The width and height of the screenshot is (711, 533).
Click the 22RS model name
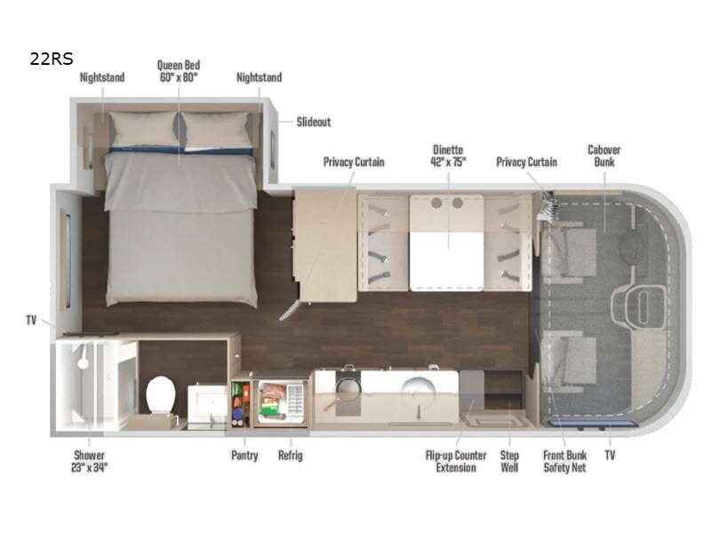[52, 59]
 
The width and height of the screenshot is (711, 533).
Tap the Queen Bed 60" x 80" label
[179, 71]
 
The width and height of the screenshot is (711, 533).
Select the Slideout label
[314, 122]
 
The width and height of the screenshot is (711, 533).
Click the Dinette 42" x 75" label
[448, 155]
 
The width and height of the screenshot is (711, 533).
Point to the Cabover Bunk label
[604, 155]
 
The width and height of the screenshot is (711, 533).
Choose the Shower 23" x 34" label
[90, 461]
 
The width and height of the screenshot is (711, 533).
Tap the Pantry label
[244, 455]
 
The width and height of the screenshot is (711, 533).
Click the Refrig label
[291, 455]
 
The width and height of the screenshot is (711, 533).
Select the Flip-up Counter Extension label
[456, 461]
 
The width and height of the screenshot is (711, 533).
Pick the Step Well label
[509, 461]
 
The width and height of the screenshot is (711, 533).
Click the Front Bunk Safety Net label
[565, 461]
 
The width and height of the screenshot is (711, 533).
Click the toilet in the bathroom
[161, 394]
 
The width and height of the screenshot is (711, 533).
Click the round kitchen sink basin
[418, 390]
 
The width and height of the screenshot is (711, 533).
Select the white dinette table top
[446, 261]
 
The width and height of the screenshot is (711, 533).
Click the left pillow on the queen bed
[143, 130]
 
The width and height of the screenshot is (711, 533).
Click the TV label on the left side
[31, 321]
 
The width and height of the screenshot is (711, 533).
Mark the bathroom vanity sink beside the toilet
[207, 403]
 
